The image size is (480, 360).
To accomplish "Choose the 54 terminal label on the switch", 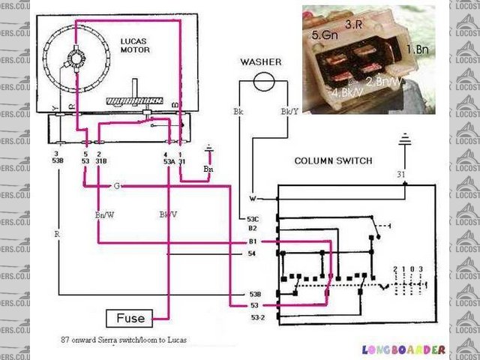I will (x=252, y=255).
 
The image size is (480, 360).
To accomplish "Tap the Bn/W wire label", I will (x=104, y=214).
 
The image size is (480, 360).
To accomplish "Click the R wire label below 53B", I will (x=56, y=234).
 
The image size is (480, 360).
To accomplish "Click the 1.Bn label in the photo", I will (x=417, y=49).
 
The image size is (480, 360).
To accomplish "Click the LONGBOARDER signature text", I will (x=403, y=349).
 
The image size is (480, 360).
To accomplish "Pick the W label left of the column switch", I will (x=253, y=199).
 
